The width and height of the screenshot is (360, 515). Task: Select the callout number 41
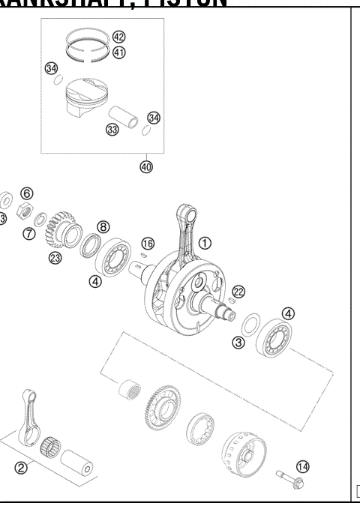pos(119,52)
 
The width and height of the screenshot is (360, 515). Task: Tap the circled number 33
pos(112,130)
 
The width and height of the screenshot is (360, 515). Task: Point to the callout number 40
pos(145,166)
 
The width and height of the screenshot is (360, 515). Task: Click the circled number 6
pos(26,193)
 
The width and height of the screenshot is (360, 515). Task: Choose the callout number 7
pos(28,233)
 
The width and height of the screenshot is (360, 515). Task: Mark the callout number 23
pos(55,258)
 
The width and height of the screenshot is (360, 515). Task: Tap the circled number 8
pos(103,226)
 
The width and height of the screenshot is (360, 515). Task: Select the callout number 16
pos(148,243)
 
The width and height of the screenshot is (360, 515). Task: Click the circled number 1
pos(205,242)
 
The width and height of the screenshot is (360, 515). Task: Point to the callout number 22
pos(238,291)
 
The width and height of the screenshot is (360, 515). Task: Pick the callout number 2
pos(21,469)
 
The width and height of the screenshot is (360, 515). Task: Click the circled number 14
pos(302,466)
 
